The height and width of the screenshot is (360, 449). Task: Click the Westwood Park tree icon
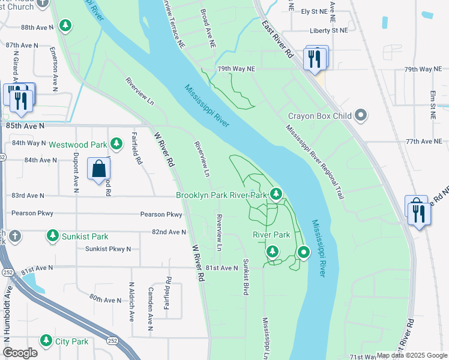[x=116, y=144]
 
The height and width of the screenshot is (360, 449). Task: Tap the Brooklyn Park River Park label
[x=221, y=195]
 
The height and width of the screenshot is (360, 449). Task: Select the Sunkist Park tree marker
[x=53, y=236]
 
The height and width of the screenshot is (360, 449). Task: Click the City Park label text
[x=71, y=341]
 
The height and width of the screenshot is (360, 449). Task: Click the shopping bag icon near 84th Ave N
[x=99, y=169]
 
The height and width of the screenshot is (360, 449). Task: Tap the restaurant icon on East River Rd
[x=316, y=59]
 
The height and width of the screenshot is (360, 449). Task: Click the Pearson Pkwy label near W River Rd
[x=161, y=214]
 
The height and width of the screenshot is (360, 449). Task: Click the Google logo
[x=20, y=353]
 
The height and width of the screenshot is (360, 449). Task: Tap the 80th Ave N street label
[x=105, y=298]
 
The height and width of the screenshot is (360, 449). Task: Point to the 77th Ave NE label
[x=427, y=142]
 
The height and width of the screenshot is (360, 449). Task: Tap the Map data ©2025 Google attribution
[x=412, y=355]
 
